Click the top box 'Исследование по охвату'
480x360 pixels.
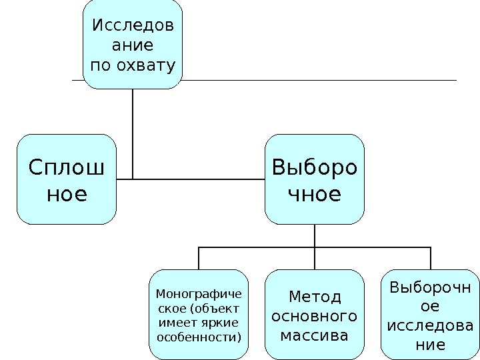[x=133, y=45]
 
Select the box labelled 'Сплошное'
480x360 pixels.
[x=67, y=179]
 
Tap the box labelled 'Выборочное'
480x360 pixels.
[x=315, y=179]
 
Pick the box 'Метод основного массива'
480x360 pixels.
[x=315, y=314]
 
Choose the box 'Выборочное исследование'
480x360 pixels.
[x=430, y=314]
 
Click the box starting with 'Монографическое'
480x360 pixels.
[x=199, y=314]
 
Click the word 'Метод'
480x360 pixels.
[x=315, y=296]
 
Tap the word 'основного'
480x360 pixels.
[x=315, y=315]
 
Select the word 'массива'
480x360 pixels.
[x=315, y=335]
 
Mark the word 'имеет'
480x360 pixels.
[x=175, y=323]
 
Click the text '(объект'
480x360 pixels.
[x=215, y=308]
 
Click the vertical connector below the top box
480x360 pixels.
[x=133, y=133]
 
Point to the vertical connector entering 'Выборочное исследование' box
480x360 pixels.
[x=431, y=258]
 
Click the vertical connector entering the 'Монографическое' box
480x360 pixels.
[x=199, y=258]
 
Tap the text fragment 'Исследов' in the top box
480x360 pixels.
[x=133, y=27]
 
